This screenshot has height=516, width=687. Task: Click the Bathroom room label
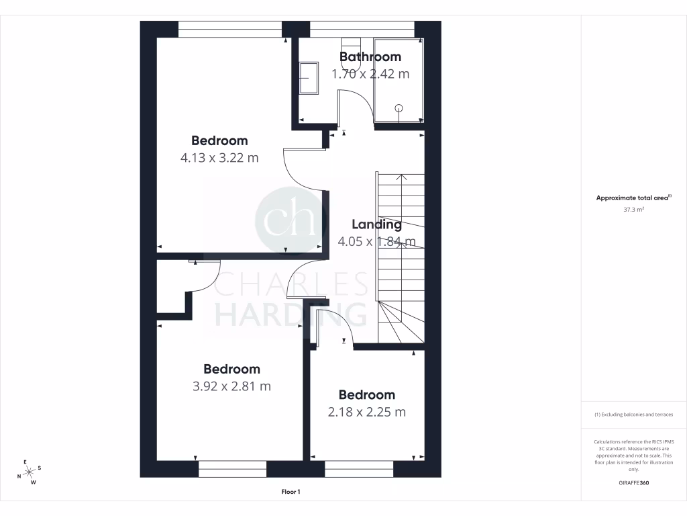coord(370,57)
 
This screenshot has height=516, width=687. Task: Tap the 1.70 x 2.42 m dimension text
coord(370,74)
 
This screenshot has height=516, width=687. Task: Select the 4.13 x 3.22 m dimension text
coord(219,158)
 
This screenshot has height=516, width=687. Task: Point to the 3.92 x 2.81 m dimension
coord(231,386)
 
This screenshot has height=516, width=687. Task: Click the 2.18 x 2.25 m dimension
coord(366,412)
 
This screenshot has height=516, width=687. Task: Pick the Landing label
coord(376,224)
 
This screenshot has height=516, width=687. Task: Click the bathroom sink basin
coord(309,79)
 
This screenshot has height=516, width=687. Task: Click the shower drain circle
coord(399,107)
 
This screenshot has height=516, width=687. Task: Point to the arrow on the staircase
coord(401,179)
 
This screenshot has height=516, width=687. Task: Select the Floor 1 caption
coord(290,492)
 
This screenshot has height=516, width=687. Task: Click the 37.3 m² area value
coord(634,210)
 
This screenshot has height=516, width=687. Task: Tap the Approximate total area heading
coord(633,198)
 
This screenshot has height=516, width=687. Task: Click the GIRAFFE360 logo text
coord(634,483)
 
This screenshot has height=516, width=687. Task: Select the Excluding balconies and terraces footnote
coord(633,415)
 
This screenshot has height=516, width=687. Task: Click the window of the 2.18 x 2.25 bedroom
coord(359,468)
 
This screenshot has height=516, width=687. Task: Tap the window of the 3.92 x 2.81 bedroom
coord(232,468)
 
